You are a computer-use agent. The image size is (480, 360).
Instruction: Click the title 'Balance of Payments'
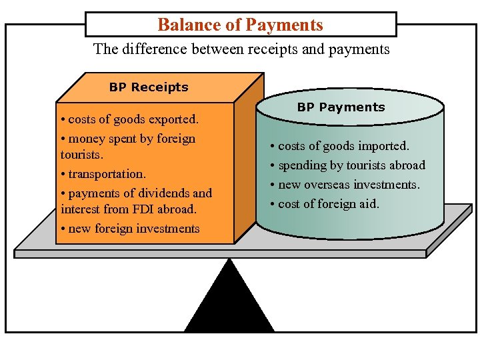point(240,25)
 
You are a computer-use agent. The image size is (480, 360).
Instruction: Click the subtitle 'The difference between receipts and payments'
point(241,49)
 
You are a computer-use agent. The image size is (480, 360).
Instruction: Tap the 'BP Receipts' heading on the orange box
point(149,87)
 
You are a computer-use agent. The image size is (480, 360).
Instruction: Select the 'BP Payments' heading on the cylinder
point(341,107)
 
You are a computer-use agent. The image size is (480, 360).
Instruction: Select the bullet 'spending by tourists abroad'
point(347,165)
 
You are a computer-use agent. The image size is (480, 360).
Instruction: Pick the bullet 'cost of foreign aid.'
point(325,204)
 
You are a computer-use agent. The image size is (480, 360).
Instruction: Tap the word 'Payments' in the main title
point(284,25)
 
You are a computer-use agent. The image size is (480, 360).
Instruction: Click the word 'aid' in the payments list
point(368,204)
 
